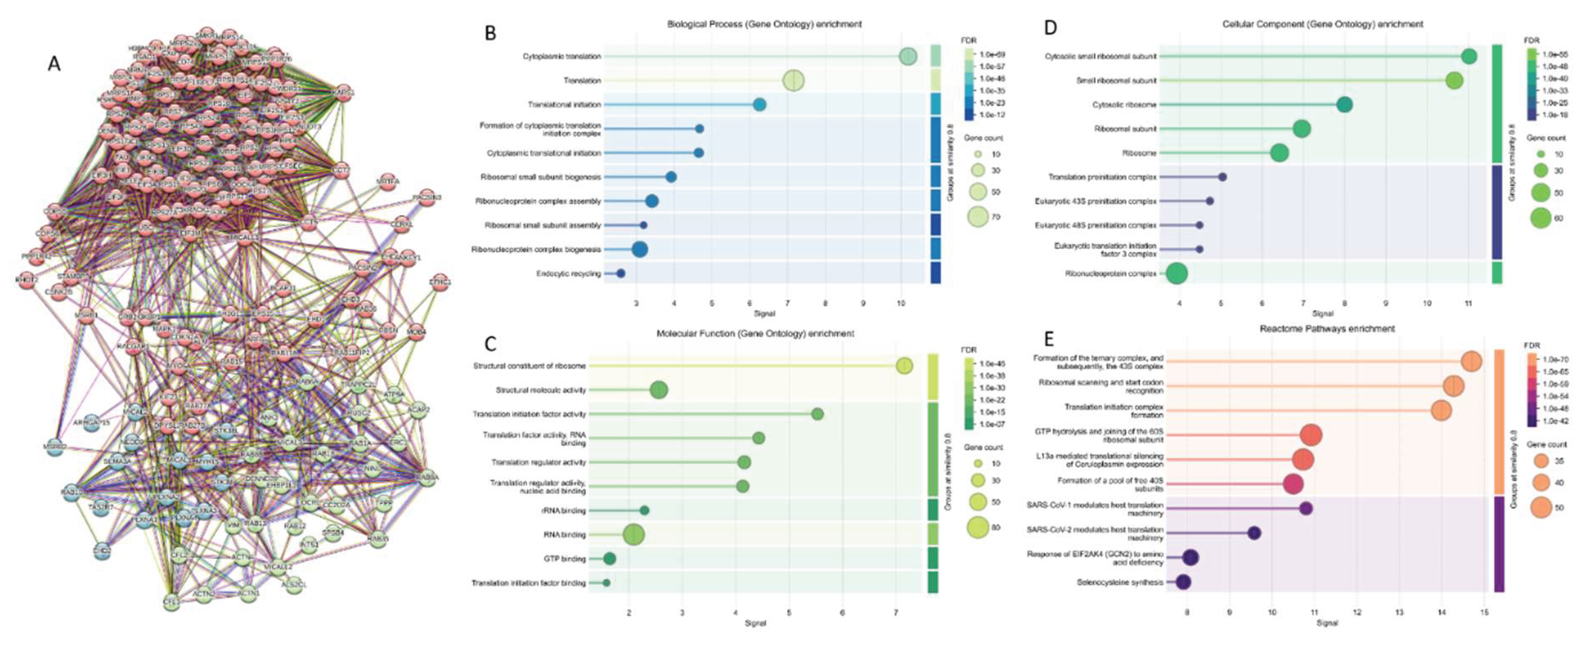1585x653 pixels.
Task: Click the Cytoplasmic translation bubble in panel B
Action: pyautogui.click(x=908, y=56)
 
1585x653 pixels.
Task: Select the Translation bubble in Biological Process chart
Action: pyautogui.click(x=794, y=80)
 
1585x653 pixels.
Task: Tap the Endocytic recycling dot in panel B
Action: pyautogui.click(x=620, y=273)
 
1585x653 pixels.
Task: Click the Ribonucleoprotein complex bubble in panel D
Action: pyautogui.click(x=1177, y=273)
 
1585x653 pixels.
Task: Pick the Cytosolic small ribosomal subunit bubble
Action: pyautogui.click(x=1469, y=56)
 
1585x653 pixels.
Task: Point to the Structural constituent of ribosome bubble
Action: pyautogui.click(x=904, y=366)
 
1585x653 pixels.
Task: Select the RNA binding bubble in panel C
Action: pyautogui.click(x=634, y=535)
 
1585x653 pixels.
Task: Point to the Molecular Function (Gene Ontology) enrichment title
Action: pyautogui.click(x=755, y=333)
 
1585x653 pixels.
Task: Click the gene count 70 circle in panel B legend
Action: pyautogui.click(x=978, y=217)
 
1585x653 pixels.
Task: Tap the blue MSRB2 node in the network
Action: pyautogui.click(x=54, y=448)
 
